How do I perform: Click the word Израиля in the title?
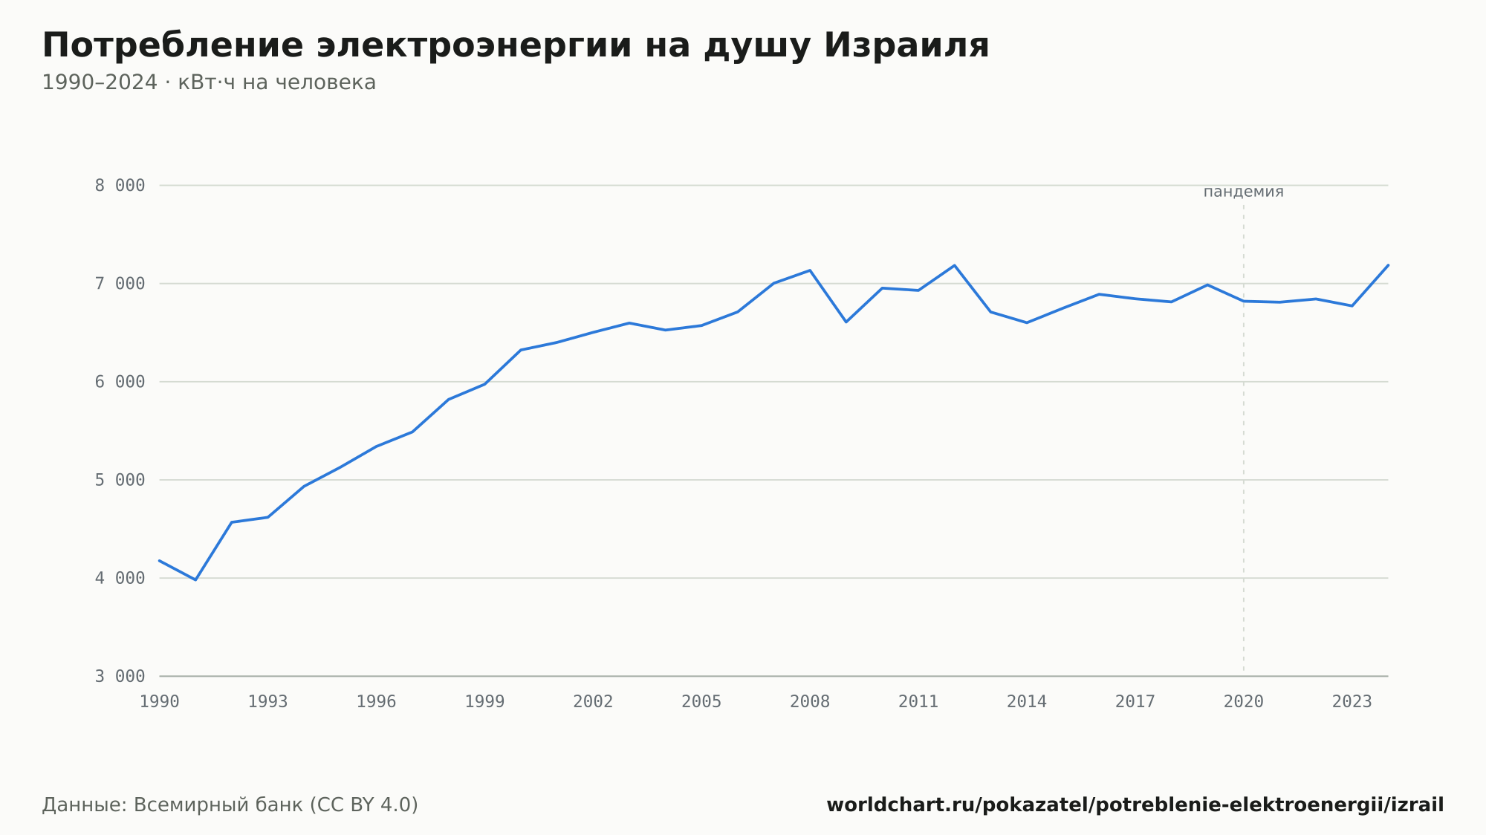[x=906, y=45]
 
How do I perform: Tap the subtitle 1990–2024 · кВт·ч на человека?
[x=209, y=82]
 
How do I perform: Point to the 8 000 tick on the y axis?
[x=120, y=186]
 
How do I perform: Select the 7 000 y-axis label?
[x=120, y=284]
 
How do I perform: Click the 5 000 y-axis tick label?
[x=120, y=480]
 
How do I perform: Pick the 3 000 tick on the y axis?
[x=120, y=676]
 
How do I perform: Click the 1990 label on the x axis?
[x=160, y=702]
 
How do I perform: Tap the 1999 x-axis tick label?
[x=484, y=702]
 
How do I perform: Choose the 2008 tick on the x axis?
[x=810, y=702]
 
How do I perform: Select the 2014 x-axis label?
[x=1027, y=702]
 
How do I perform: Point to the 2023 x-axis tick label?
[x=1352, y=702]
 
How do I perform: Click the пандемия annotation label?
[x=1244, y=192]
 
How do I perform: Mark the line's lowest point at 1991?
[x=195, y=579]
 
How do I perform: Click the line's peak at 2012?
[x=955, y=265]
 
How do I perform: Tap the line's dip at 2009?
[x=846, y=322]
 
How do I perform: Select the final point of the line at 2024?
[x=1388, y=265]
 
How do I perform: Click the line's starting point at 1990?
[x=160, y=561]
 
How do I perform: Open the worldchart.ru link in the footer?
[x=1135, y=805]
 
